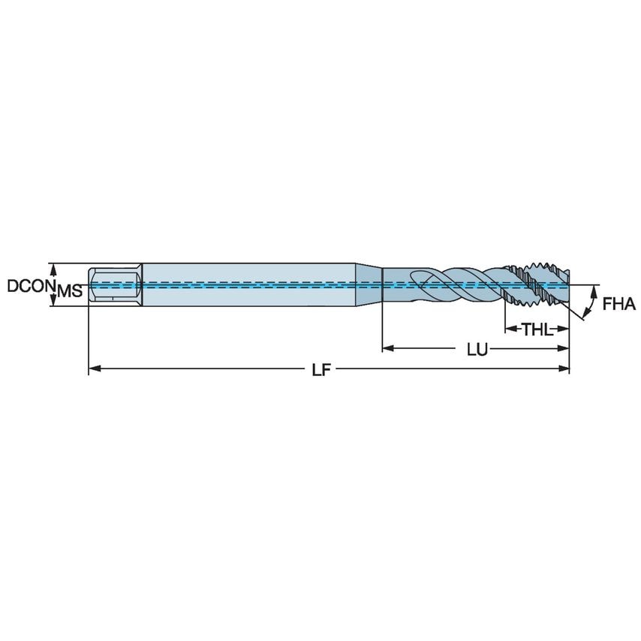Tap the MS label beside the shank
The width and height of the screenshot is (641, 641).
(70, 291)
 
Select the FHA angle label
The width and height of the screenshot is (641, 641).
(618, 304)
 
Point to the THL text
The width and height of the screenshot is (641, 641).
(536, 329)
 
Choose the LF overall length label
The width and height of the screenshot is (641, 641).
(321, 369)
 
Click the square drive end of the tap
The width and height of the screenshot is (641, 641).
(114, 285)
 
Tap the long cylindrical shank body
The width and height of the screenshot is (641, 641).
(248, 285)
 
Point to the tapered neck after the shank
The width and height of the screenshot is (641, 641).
(369, 285)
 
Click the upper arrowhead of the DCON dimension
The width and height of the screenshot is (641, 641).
(53, 267)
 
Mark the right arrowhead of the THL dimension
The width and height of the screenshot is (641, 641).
(564, 329)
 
